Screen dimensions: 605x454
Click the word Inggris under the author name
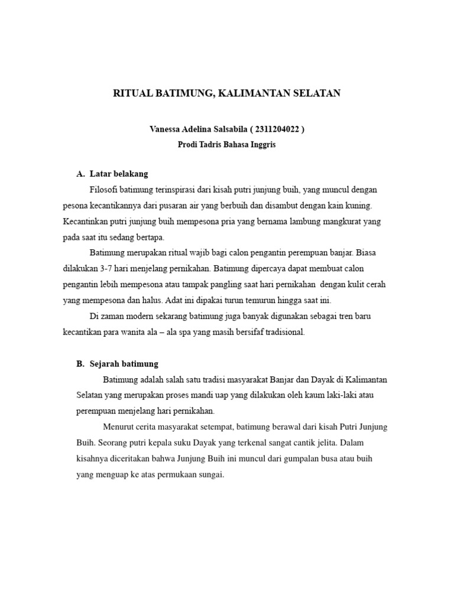point(260,145)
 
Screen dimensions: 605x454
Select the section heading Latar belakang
point(119,174)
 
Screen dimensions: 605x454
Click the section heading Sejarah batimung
point(124,364)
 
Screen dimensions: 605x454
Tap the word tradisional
point(284,332)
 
